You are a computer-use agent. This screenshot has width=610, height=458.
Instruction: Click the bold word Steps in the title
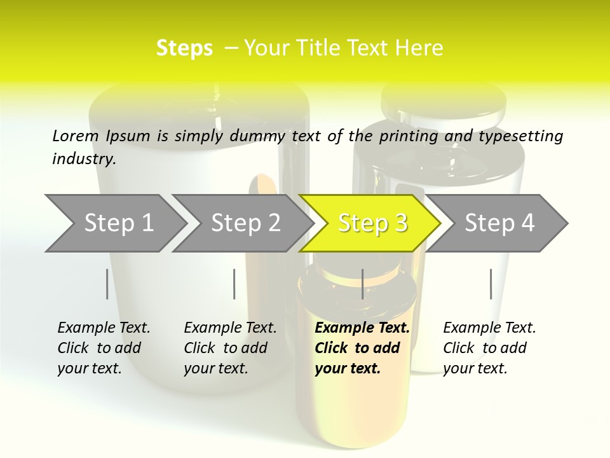click(x=184, y=48)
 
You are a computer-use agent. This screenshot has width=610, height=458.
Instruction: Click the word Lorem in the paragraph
click(x=76, y=135)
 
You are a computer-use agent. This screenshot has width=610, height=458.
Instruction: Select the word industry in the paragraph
click(x=83, y=158)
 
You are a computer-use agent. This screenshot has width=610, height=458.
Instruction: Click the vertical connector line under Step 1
click(x=107, y=284)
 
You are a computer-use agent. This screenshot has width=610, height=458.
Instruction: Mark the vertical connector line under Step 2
click(x=234, y=284)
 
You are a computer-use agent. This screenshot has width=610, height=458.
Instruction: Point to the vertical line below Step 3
click(x=362, y=284)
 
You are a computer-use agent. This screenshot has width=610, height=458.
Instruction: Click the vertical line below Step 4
click(x=491, y=284)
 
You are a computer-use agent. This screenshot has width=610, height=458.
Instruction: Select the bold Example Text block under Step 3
click(x=362, y=348)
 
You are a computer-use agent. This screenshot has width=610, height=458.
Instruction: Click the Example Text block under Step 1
click(x=104, y=348)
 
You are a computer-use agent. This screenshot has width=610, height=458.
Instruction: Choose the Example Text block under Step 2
click(x=230, y=348)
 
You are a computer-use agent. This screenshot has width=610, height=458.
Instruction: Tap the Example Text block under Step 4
click(x=489, y=348)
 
